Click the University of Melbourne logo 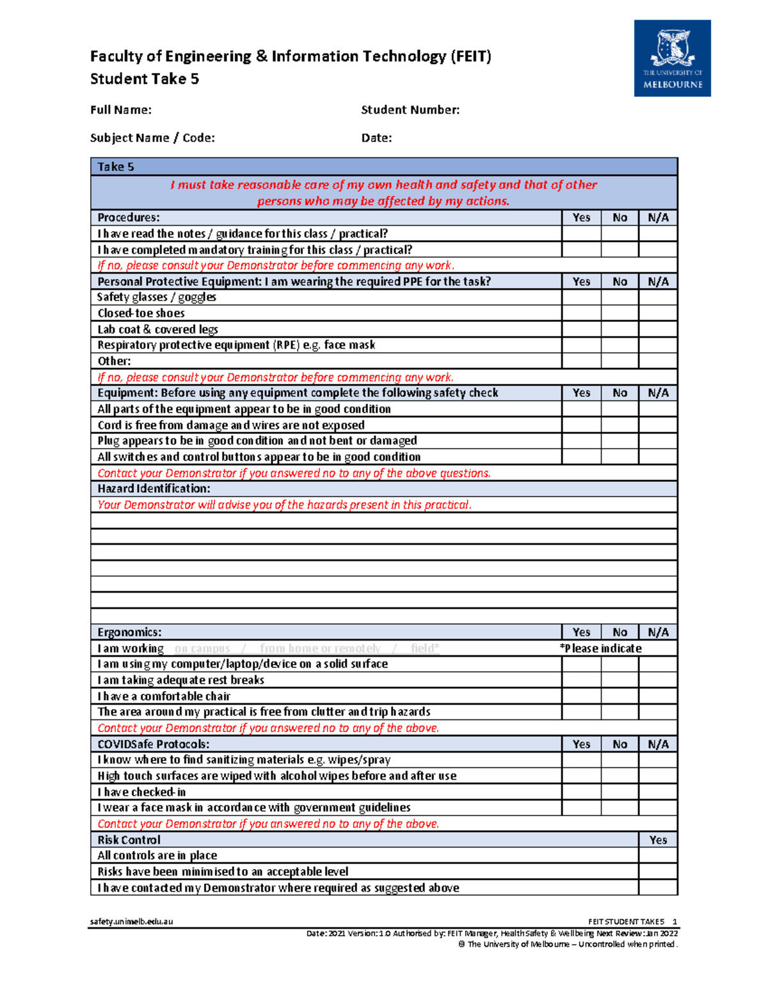coord(672,58)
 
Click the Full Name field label coord(121,110)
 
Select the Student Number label coord(410,110)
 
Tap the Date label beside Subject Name coord(376,138)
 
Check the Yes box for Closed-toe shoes coord(581,313)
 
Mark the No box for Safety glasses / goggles coord(620,297)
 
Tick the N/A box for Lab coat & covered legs coord(658,329)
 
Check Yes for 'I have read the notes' coord(581,234)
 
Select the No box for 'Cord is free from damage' coord(620,425)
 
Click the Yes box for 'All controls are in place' coord(658,856)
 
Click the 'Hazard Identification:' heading coord(154,489)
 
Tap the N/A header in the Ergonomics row coord(658,632)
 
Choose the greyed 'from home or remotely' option coord(320,648)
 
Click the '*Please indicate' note coord(600,648)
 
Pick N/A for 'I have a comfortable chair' coord(658,696)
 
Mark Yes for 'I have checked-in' coord(581,792)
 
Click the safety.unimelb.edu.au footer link coord(131,922)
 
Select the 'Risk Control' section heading coord(129,840)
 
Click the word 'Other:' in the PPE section coord(114,361)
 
